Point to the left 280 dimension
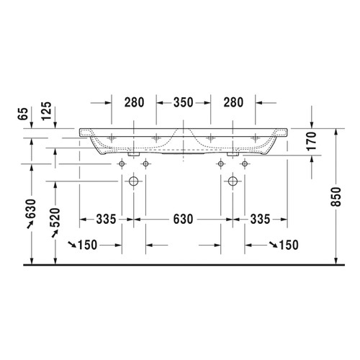tap(134, 103)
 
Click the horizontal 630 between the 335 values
tap(181, 218)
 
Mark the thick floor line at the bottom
tap(180, 266)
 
